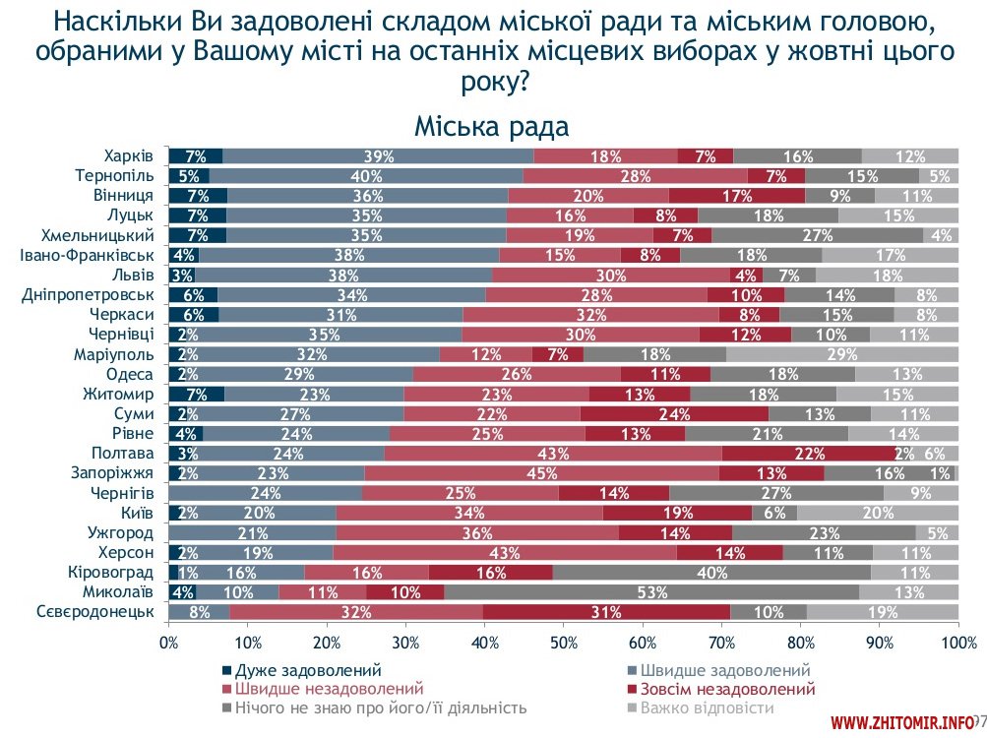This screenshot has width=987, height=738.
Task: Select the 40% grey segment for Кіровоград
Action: click(x=711, y=571)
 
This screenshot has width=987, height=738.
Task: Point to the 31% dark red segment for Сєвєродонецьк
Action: click(x=606, y=612)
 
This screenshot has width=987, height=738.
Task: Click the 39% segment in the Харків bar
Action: click(x=379, y=155)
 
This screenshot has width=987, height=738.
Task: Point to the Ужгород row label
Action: click(x=120, y=533)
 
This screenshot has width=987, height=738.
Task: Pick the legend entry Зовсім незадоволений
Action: click(x=727, y=689)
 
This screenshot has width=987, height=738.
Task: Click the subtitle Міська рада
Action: click(x=491, y=127)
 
